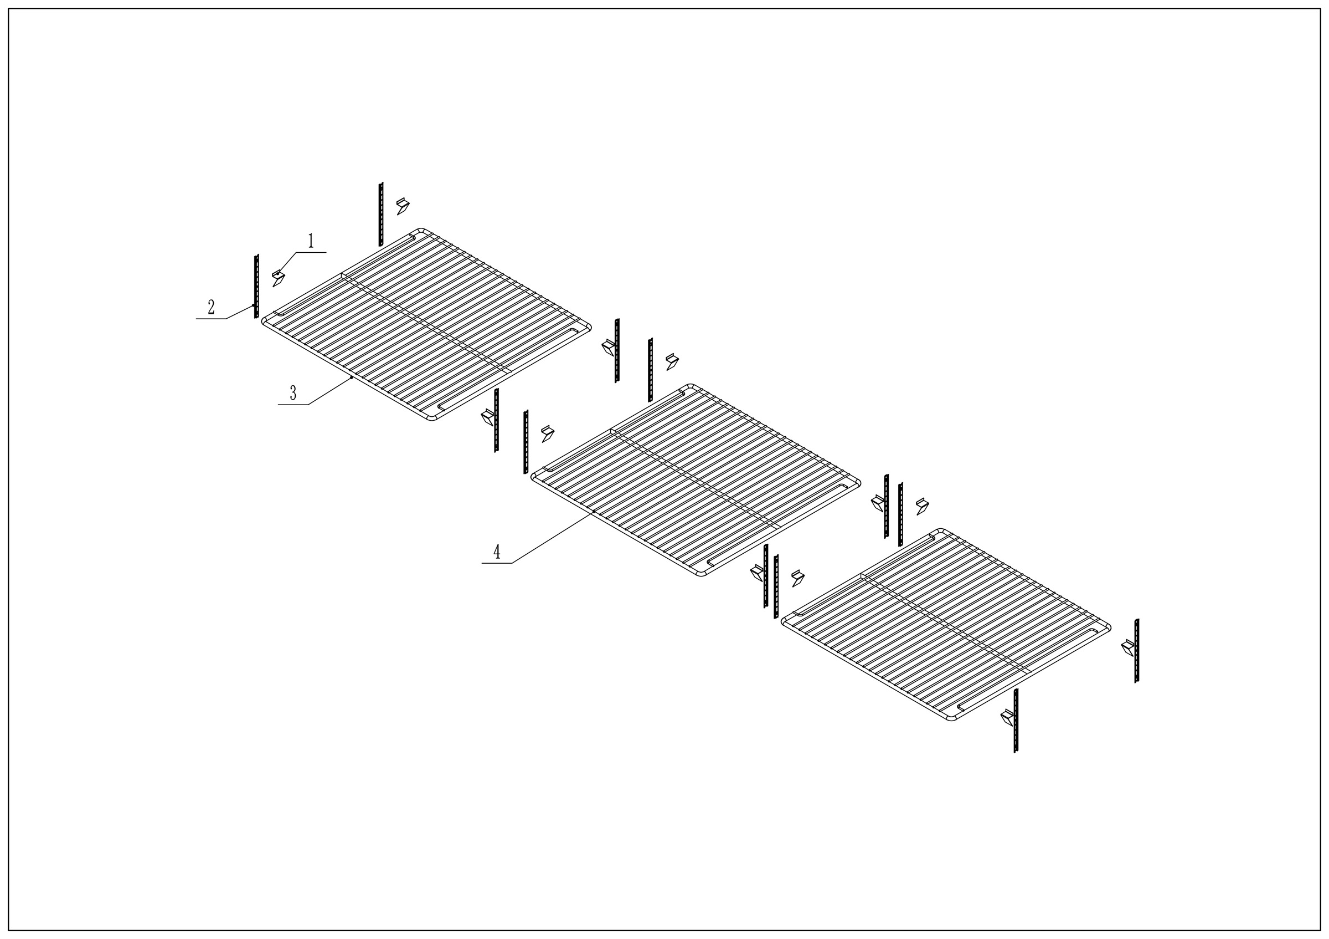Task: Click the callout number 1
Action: click(x=311, y=241)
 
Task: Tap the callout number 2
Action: click(x=212, y=307)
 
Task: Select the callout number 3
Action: click(x=293, y=394)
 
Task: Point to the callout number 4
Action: click(x=497, y=552)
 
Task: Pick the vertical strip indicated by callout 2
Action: click(x=256, y=286)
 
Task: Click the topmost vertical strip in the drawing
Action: click(x=381, y=215)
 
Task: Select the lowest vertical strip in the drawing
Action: click(x=1015, y=721)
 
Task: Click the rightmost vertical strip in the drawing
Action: click(x=1137, y=651)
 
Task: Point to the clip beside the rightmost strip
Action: click(x=1128, y=647)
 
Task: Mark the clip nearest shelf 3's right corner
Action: click(x=609, y=348)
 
